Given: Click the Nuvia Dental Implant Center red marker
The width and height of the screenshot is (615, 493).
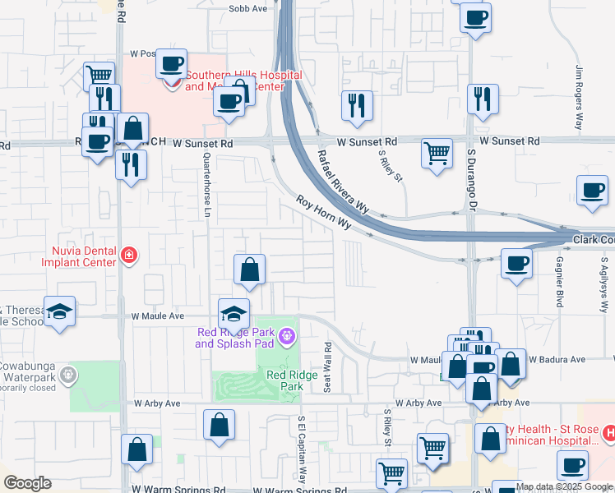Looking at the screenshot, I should [x=128, y=256].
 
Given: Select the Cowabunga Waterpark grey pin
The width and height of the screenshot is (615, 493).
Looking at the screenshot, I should [x=68, y=375].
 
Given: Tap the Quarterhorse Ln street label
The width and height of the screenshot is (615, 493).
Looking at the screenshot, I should [x=207, y=180].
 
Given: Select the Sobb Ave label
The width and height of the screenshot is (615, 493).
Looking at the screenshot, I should [x=248, y=8].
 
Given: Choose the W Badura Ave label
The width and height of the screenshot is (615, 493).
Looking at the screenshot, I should [x=557, y=359].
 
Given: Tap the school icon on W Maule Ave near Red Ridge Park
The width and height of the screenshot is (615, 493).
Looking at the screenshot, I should [x=234, y=314].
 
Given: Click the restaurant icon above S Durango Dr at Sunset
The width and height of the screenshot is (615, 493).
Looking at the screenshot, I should [x=482, y=99].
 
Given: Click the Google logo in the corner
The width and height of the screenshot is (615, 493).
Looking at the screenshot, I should [x=27, y=483].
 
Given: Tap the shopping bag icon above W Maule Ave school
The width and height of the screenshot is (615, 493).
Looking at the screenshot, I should [x=249, y=269].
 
